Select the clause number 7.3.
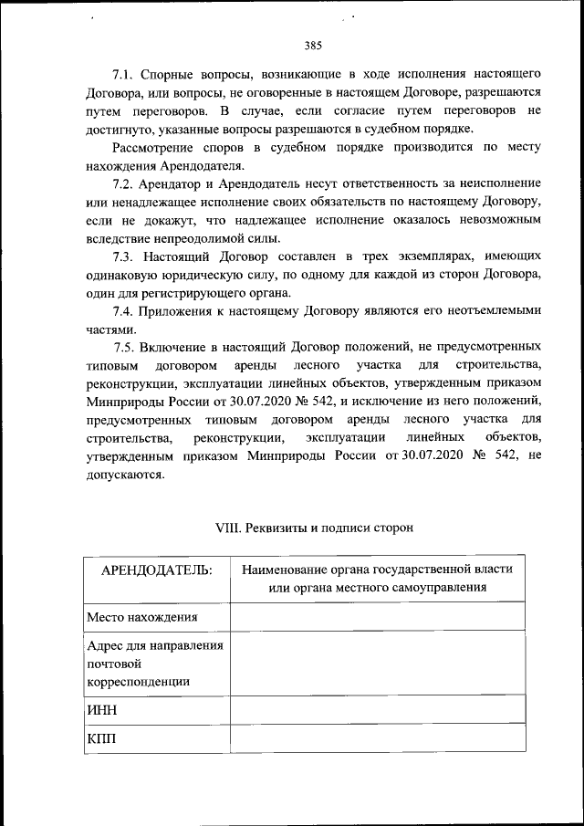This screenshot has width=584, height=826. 124,257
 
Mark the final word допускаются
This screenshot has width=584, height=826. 125,475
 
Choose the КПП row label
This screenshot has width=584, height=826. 103,737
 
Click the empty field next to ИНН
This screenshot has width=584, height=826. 377,709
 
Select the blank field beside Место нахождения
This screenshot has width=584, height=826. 377,617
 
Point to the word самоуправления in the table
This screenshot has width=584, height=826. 433,588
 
